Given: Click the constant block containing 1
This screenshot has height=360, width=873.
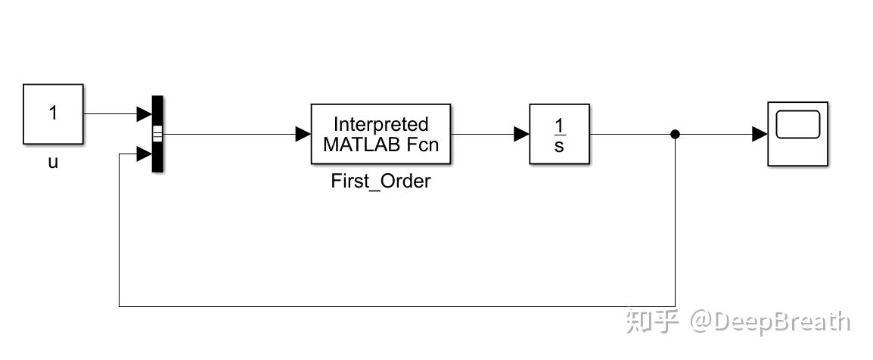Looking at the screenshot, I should coord(52,113).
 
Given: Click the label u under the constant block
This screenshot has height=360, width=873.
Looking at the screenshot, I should coord(53,162).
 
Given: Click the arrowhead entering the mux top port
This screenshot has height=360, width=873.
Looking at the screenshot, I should coord(144,114).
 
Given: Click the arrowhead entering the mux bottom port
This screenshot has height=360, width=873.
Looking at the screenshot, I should coord(144,154).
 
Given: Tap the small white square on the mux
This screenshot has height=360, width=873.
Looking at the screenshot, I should coord(157,135).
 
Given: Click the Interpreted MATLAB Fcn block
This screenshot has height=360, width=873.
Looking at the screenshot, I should coord(381,134).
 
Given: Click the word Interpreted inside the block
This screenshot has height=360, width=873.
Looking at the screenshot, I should coord(381,124).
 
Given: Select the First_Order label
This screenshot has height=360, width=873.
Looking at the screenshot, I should coord(381,182).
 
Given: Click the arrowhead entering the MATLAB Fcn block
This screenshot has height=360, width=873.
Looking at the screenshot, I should coord(303,135).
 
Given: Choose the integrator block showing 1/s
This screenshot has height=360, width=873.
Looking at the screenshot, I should coord(558,134).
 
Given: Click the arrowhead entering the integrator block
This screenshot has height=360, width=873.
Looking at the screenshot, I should coord(521,135).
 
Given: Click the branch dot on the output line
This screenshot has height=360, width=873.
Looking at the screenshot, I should coord(676,135).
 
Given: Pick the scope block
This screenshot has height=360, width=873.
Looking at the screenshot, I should coord(798,133).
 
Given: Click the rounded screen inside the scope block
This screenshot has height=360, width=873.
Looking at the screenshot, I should coord(798,125).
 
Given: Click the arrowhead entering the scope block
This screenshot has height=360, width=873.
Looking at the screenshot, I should coord(760,135).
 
